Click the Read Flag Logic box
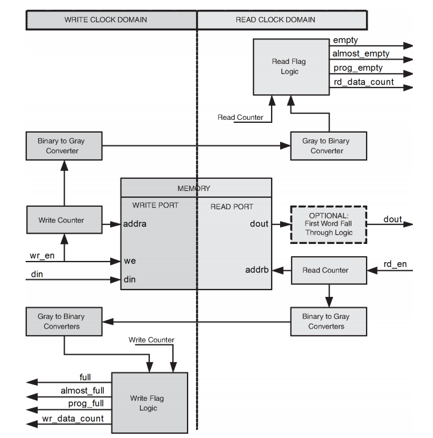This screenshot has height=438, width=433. [289, 66]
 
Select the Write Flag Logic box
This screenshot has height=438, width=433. [148, 403]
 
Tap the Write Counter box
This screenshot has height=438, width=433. [64, 220]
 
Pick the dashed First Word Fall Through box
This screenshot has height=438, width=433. [328, 224]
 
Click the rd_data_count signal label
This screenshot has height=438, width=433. [364, 82]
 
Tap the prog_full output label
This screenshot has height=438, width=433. [86, 403]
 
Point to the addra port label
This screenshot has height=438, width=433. [135, 224]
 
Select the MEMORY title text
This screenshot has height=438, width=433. [194, 189]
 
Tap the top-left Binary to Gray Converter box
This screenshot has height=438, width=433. [64, 146]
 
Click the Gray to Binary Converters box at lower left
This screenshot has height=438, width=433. [64, 321]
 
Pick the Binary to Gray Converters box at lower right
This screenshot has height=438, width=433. [328, 321]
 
